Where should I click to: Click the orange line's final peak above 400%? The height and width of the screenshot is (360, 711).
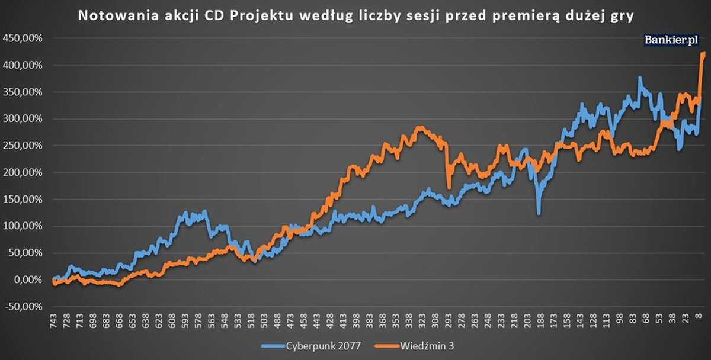pyautogui.click(x=703, y=53)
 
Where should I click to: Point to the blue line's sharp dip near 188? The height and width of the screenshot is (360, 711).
pyautogui.click(x=539, y=213)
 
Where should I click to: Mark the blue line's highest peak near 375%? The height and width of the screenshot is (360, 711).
pyautogui.click(x=640, y=78)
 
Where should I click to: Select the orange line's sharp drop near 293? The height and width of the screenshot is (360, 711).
pyautogui.click(x=449, y=188)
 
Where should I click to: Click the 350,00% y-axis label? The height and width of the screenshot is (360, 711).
pyautogui.click(x=23, y=92)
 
